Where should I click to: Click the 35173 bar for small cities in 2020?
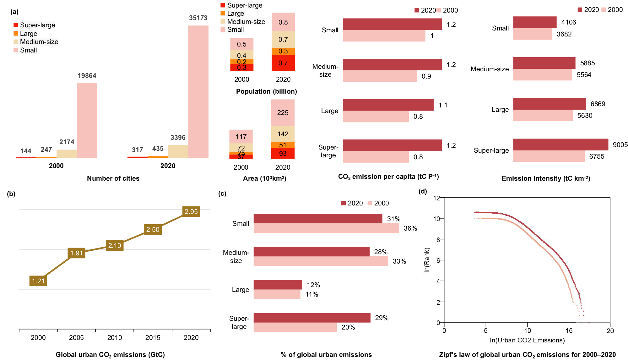pyautogui.click(x=198, y=91)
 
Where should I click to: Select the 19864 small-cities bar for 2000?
pyautogui.click(x=87, y=120)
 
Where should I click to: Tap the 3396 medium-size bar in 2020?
pyautogui.click(x=178, y=151)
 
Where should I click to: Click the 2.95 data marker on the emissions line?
pyautogui.click(x=191, y=212)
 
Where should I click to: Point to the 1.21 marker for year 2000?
pyautogui.click(x=38, y=281)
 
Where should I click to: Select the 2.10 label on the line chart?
pyautogui.click(x=115, y=246)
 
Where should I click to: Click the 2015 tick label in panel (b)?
pyautogui.click(x=153, y=338)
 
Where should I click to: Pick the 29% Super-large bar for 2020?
pyautogui.click(x=312, y=318)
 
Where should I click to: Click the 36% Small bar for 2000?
pyautogui.click(x=326, y=228)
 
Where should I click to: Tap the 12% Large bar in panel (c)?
pyautogui.click(x=278, y=285)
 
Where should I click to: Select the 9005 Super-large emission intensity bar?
pyautogui.click(x=560, y=145)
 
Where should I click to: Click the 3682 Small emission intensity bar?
pyautogui.click(x=533, y=34)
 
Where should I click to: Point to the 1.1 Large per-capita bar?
pyautogui.click(x=388, y=105)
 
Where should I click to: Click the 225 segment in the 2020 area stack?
pyautogui.click(x=283, y=112)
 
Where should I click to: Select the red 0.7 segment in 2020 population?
pyautogui.click(x=283, y=63)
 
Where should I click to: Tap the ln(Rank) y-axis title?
pyautogui.click(x=427, y=260)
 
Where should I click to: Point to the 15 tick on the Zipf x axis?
pyautogui.click(x=569, y=330)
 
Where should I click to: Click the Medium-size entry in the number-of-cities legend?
pyautogui.click(x=39, y=42)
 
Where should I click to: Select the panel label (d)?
pyautogui.click(x=423, y=191)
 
